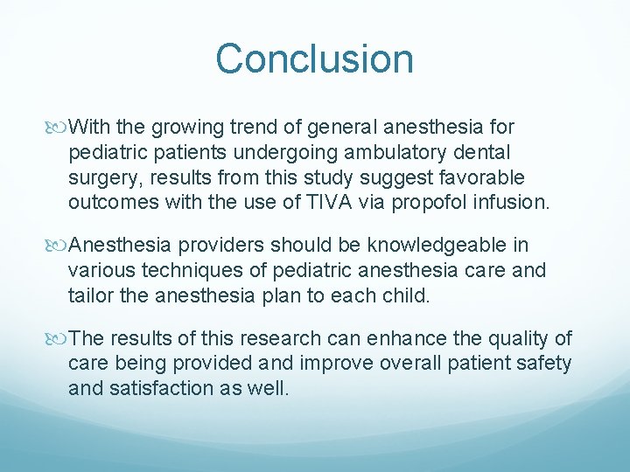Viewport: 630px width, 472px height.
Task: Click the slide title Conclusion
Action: pyautogui.click(x=314, y=59)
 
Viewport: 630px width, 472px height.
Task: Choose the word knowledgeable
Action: pyautogui.click(x=431, y=246)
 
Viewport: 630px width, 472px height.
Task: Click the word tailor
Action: pyautogui.click(x=90, y=296)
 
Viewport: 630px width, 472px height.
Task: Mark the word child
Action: pyautogui.click(x=405, y=296)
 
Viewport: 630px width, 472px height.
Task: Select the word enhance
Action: pyautogui.click(x=409, y=338)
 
